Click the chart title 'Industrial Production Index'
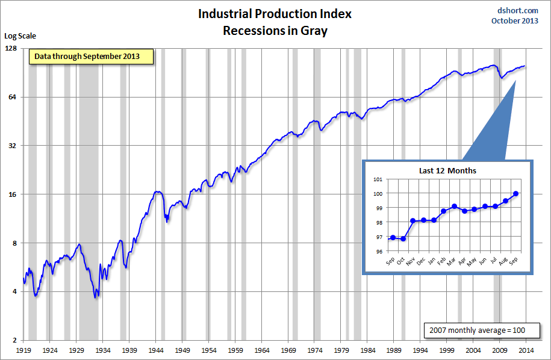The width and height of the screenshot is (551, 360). tap(275, 14)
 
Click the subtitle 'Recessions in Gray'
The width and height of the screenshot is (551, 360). tap(275, 31)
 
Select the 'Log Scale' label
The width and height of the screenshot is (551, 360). tap(20, 36)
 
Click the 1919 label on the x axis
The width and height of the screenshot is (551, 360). tap(23, 349)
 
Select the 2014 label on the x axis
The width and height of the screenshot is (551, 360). tap(526, 349)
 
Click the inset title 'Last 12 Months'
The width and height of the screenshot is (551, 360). tap(447, 170)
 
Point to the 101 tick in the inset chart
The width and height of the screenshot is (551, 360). tap(378, 179)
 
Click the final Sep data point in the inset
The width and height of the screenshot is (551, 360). tap(516, 194)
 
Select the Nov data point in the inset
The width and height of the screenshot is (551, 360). tap(413, 220)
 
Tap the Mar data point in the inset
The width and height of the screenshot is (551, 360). tap(454, 206)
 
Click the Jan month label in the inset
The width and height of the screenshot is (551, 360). tap(432, 261)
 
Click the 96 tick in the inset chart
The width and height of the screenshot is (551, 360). tap(378, 252)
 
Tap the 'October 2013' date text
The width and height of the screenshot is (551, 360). tap(515, 20)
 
